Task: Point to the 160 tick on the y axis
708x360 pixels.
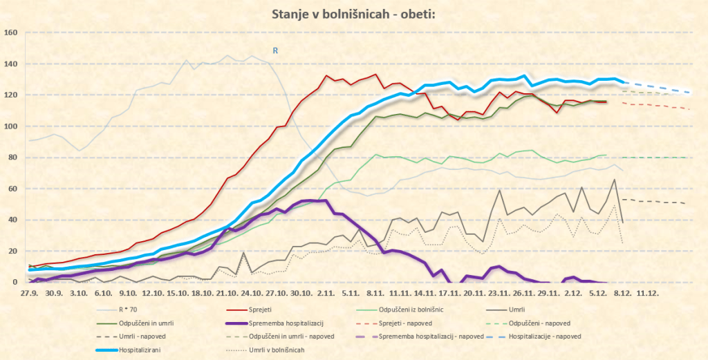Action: point(10,32)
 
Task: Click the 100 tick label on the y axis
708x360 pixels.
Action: point(10,126)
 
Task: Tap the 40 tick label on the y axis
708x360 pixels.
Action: point(12,220)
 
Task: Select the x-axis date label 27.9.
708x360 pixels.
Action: point(28,293)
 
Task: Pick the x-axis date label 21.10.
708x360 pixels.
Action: point(227,293)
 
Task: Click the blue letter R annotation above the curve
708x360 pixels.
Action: point(275,50)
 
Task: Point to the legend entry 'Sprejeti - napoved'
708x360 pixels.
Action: point(425,322)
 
